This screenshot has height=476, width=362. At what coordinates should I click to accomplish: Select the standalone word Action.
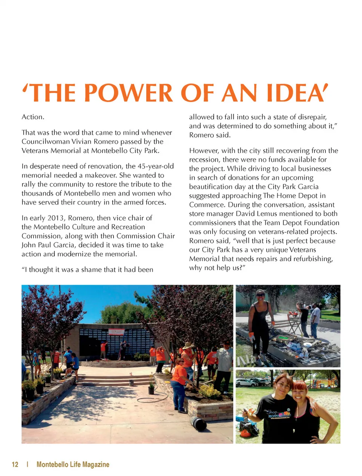point(33,117)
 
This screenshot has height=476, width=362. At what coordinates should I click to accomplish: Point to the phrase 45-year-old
point(156,166)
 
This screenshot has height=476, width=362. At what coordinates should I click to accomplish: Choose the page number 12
point(15,464)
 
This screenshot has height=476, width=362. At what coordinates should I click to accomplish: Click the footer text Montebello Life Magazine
point(73,464)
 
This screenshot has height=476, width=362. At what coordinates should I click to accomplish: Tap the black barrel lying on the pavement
point(198,423)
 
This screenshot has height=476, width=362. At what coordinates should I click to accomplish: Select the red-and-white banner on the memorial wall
point(117,332)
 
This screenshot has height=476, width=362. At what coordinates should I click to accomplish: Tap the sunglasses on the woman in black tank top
point(260,295)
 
